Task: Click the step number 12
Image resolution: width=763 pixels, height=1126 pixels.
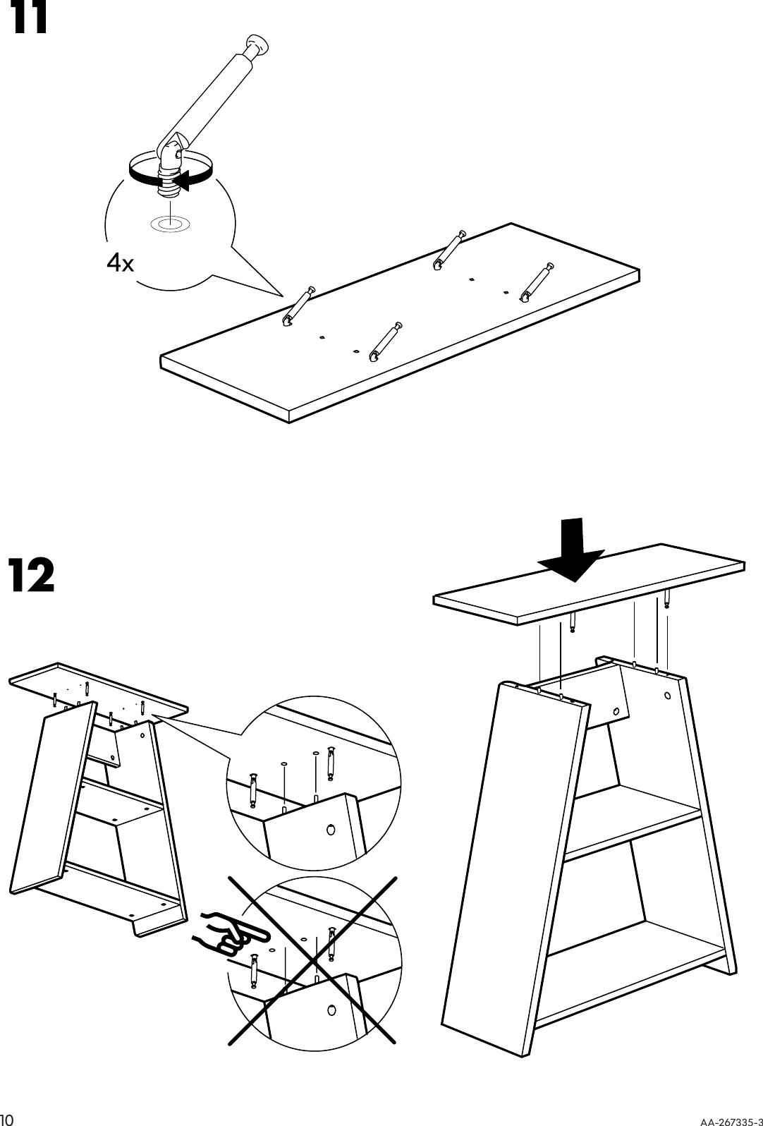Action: (31, 576)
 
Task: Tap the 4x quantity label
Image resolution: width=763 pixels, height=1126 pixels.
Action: (119, 263)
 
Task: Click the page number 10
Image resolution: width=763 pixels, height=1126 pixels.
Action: (8, 1118)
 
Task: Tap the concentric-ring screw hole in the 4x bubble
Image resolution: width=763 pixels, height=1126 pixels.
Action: (169, 224)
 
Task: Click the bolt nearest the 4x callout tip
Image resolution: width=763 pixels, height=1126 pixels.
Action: (299, 308)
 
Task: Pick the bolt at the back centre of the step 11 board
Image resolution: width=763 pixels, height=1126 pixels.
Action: (448, 250)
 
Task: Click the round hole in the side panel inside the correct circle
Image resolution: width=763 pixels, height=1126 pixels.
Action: (330, 829)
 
